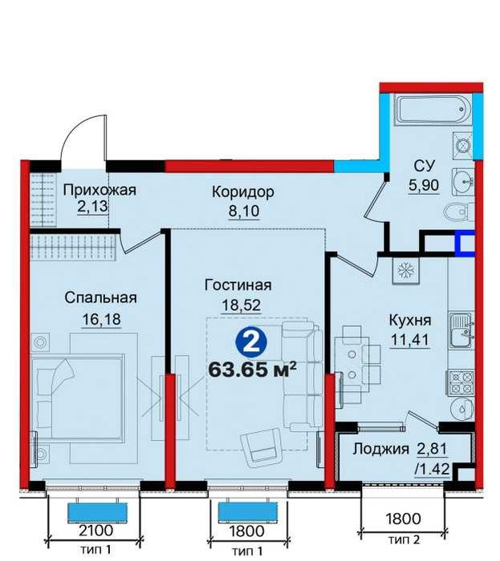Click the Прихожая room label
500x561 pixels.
pyautogui.click(x=100, y=190)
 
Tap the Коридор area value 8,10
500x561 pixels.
pyautogui.click(x=244, y=211)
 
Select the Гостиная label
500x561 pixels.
pyautogui.click(x=238, y=285)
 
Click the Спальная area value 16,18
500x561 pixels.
pyautogui.click(x=101, y=318)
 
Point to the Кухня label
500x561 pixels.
pyautogui.click(x=410, y=321)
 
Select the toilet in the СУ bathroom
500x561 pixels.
pyautogui.click(x=459, y=212)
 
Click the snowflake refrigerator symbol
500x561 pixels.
pyautogui.click(x=405, y=271)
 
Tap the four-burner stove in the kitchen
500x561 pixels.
pyautogui.click(x=461, y=382)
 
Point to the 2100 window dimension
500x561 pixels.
pyautogui.click(x=96, y=531)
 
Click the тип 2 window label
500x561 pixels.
pyautogui.click(x=404, y=549)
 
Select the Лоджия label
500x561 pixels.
pyautogui.click(x=380, y=448)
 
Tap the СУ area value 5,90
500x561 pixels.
pyautogui.click(x=424, y=185)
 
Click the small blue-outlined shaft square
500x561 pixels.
pyautogui.click(x=465, y=244)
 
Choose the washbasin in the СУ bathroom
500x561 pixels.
pyautogui.click(x=462, y=182)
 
